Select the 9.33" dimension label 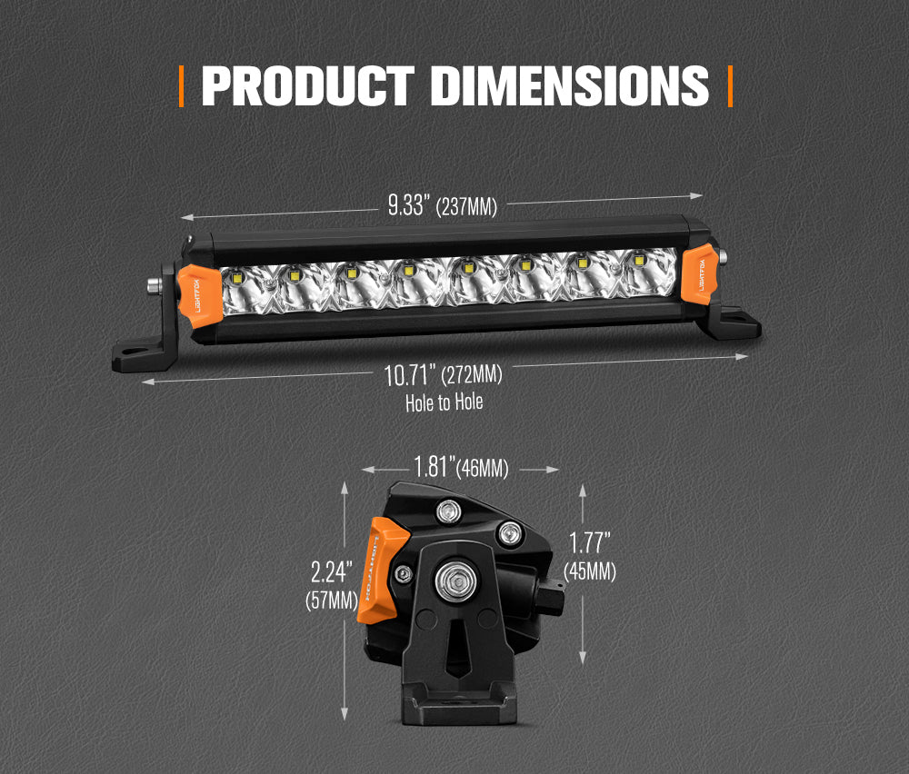coord(407,205)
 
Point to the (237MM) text coord(466,207)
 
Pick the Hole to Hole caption coord(445,402)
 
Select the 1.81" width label coord(434,468)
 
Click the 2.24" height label coord(328,572)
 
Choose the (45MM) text coord(590,571)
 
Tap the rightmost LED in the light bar coord(639,262)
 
